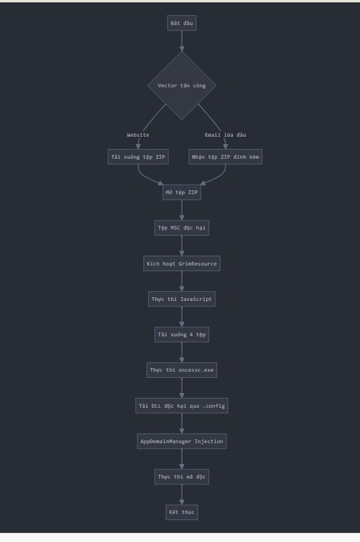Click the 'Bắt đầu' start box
pyautogui.click(x=182, y=23)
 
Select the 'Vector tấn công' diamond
pyautogui.click(x=182, y=85)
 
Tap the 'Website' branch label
pyautogui.click(x=138, y=135)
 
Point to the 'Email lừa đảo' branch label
pyautogui.click(x=225, y=135)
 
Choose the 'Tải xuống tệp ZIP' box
pyautogui.click(x=138, y=157)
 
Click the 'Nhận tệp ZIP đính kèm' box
pyautogui.click(x=225, y=157)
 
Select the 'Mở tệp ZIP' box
pyautogui.click(x=182, y=192)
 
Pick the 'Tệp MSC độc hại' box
pyautogui.click(x=182, y=228)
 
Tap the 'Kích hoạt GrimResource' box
pyautogui.click(x=182, y=264)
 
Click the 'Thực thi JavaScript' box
pyautogui.click(x=182, y=299)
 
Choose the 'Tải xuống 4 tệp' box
pyautogui.click(x=182, y=334)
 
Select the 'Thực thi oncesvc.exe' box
pyautogui.click(x=182, y=370)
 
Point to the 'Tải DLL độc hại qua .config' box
pyautogui.click(x=182, y=406)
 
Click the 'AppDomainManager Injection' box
pyautogui.click(x=182, y=441)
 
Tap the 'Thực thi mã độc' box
pyautogui.click(x=182, y=477)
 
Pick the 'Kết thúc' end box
pyautogui.click(x=182, y=512)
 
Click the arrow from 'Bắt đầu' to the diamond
pyautogui.click(x=182, y=41)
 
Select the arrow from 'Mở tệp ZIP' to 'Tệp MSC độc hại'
pyautogui.click(x=182, y=210)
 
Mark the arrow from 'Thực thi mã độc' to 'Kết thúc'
pyautogui.click(x=182, y=494)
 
